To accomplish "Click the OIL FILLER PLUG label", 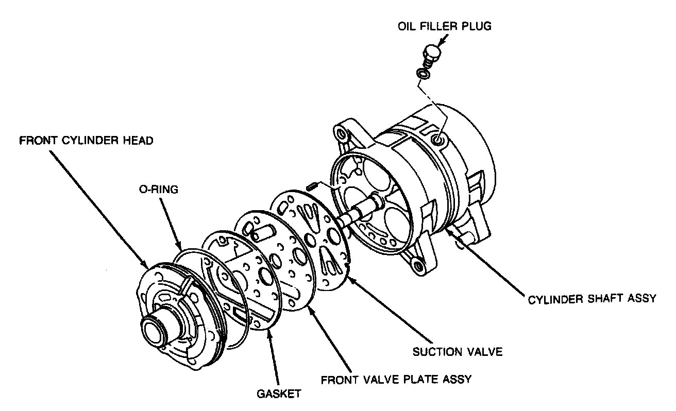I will coord(444,26).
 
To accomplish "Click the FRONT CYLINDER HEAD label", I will coord(86,141).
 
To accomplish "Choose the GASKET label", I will coord(278,394).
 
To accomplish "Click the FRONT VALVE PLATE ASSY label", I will coord(396,380).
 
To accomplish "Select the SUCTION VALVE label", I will coord(457,352).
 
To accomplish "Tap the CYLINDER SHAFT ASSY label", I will coord(592,299).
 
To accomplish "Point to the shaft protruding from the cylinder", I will coord(361,211).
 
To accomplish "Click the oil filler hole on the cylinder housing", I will coord(438,139).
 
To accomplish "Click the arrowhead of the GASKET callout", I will coord(269,332).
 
